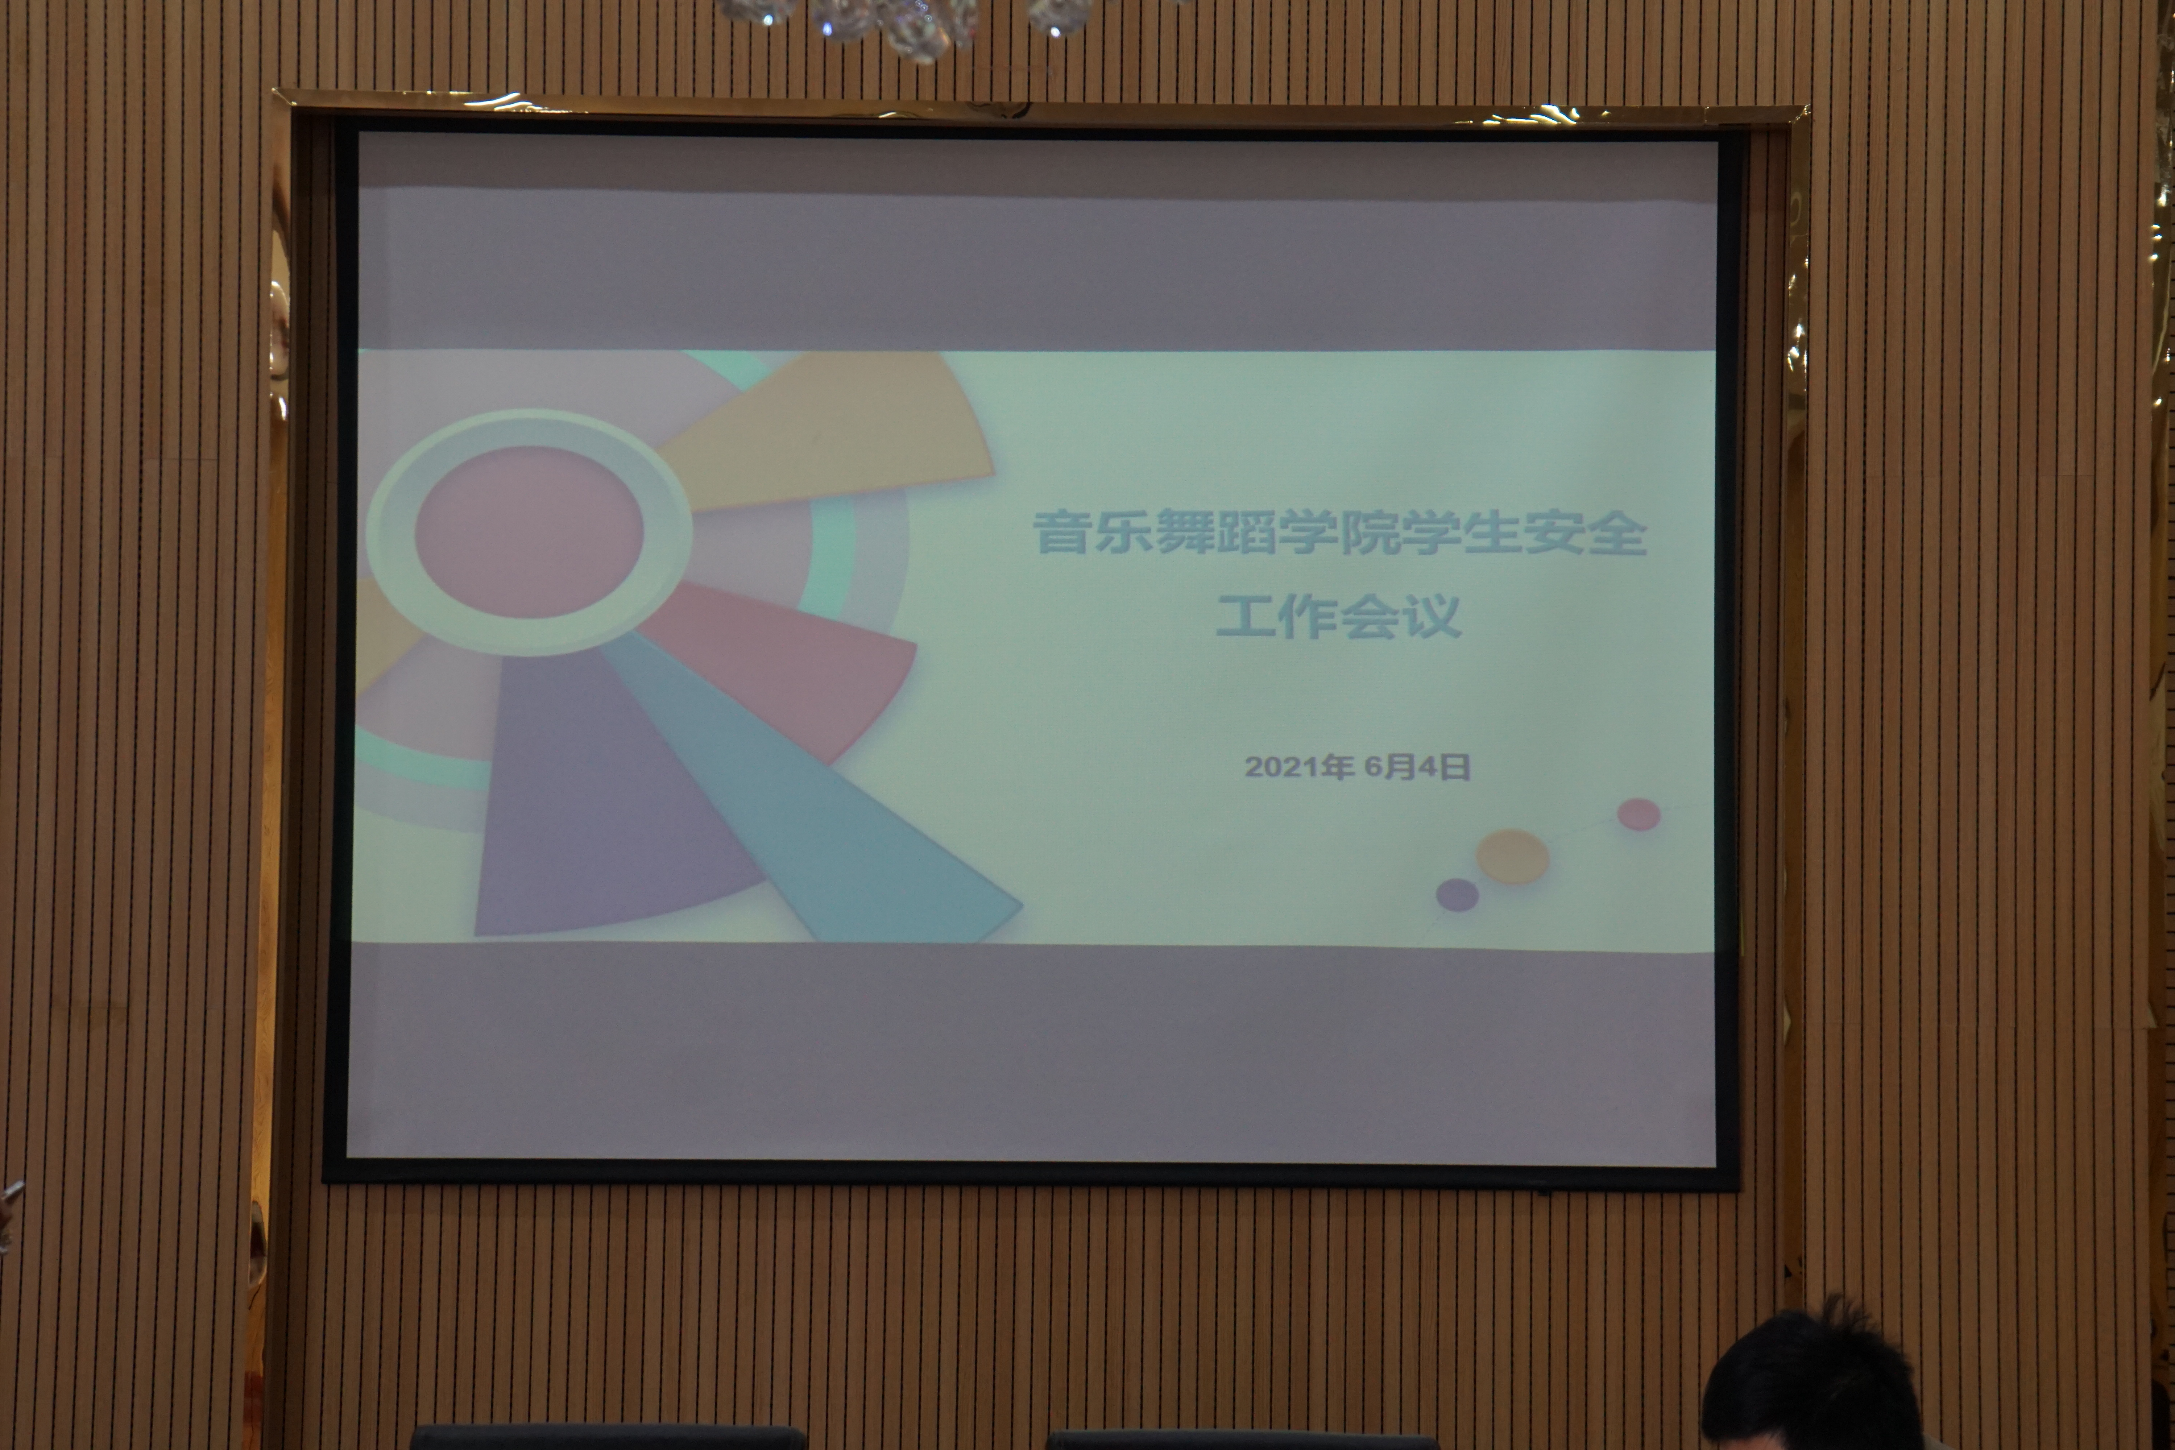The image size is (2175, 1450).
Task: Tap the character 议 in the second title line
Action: click(x=1433, y=615)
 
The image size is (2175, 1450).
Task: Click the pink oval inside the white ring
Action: click(x=529, y=532)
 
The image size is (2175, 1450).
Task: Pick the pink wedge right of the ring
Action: click(x=786, y=666)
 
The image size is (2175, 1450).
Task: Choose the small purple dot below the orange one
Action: click(x=1457, y=894)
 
